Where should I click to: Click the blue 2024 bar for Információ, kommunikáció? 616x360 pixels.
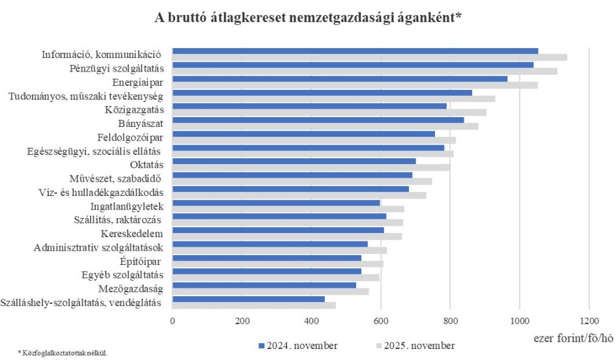(x=355, y=51)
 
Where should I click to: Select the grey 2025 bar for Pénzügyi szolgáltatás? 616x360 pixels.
(x=365, y=71)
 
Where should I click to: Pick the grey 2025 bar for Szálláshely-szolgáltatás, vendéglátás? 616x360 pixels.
(x=254, y=305)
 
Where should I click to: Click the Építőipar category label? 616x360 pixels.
(x=141, y=261)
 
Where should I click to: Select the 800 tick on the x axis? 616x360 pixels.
(x=450, y=321)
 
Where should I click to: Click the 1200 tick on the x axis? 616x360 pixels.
(x=589, y=321)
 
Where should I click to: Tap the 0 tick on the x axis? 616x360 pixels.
(x=173, y=321)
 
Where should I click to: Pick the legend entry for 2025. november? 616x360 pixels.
(x=415, y=345)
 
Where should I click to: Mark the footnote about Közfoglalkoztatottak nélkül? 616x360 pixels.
(x=55, y=353)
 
